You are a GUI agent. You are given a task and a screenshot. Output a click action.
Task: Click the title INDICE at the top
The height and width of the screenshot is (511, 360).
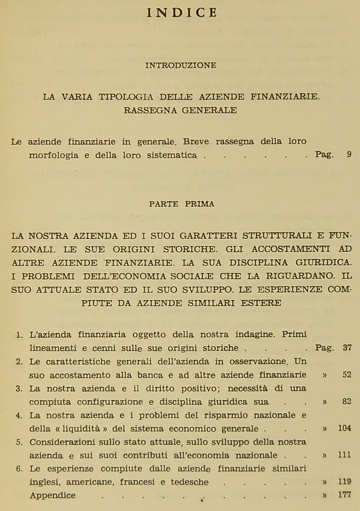click(x=182, y=13)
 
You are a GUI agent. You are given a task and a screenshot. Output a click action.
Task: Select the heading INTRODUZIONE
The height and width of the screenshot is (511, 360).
click(x=181, y=65)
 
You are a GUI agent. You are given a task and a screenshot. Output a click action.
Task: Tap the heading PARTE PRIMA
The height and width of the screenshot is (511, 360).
click(x=182, y=204)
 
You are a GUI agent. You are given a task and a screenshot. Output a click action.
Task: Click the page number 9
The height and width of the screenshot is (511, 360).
click(x=349, y=154)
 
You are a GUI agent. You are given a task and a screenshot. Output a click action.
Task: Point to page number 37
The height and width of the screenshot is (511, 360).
click(x=347, y=347)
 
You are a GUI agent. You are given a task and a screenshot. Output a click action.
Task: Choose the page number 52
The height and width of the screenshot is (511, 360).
click(x=347, y=375)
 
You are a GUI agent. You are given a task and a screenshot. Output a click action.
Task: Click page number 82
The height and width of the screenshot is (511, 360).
click(x=347, y=401)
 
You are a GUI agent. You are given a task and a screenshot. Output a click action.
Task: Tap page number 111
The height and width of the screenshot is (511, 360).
click(x=345, y=455)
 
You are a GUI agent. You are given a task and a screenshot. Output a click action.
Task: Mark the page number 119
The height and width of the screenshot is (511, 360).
click(x=345, y=482)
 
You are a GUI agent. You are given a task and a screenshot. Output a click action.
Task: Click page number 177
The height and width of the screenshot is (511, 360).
click(x=345, y=495)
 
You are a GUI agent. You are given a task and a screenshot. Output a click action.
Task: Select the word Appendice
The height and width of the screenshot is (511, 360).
click(x=53, y=495)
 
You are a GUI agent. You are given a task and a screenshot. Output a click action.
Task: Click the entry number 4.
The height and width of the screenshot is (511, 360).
click(x=19, y=416)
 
